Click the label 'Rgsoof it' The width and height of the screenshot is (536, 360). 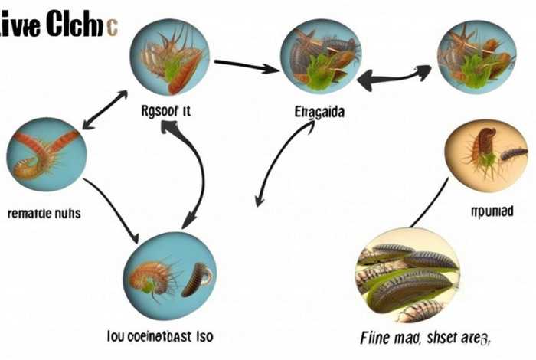point(165,112)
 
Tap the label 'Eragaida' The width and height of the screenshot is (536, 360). point(319,112)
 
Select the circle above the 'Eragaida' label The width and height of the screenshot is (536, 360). point(320,54)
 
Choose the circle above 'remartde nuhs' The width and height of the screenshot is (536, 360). point(46,154)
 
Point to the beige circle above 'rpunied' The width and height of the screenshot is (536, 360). point(487,156)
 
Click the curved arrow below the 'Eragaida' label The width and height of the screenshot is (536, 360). point(273,165)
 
